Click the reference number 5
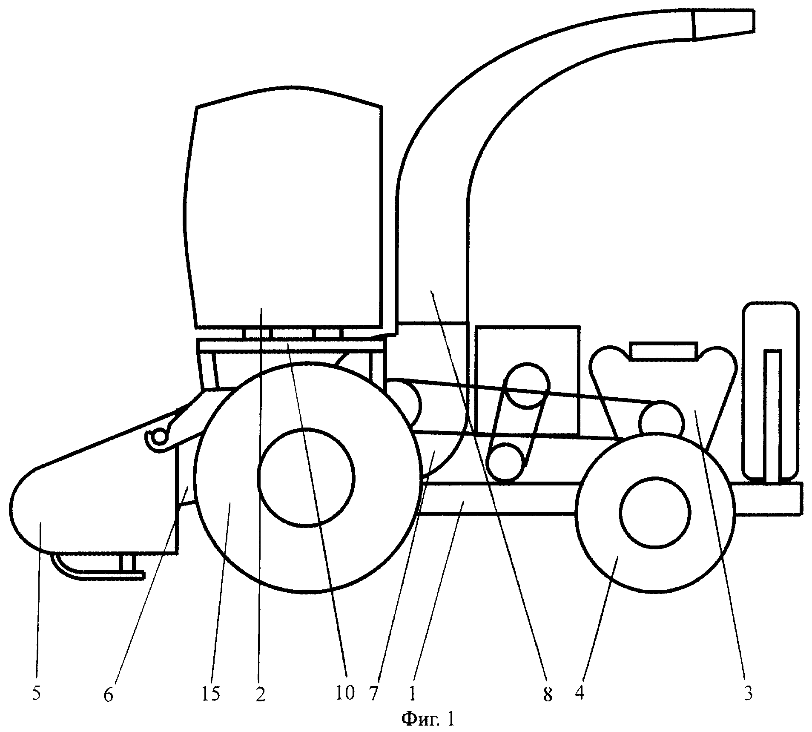click(36, 694)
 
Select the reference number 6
click(108, 695)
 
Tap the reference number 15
click(211, 694)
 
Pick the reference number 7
click(373, 694)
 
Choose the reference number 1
click(412, 694)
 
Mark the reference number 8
click(548, 695)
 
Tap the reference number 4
click(579, 694)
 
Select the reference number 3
click(748, 694)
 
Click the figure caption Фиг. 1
click(428, 719)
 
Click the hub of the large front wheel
click(306, 478)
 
